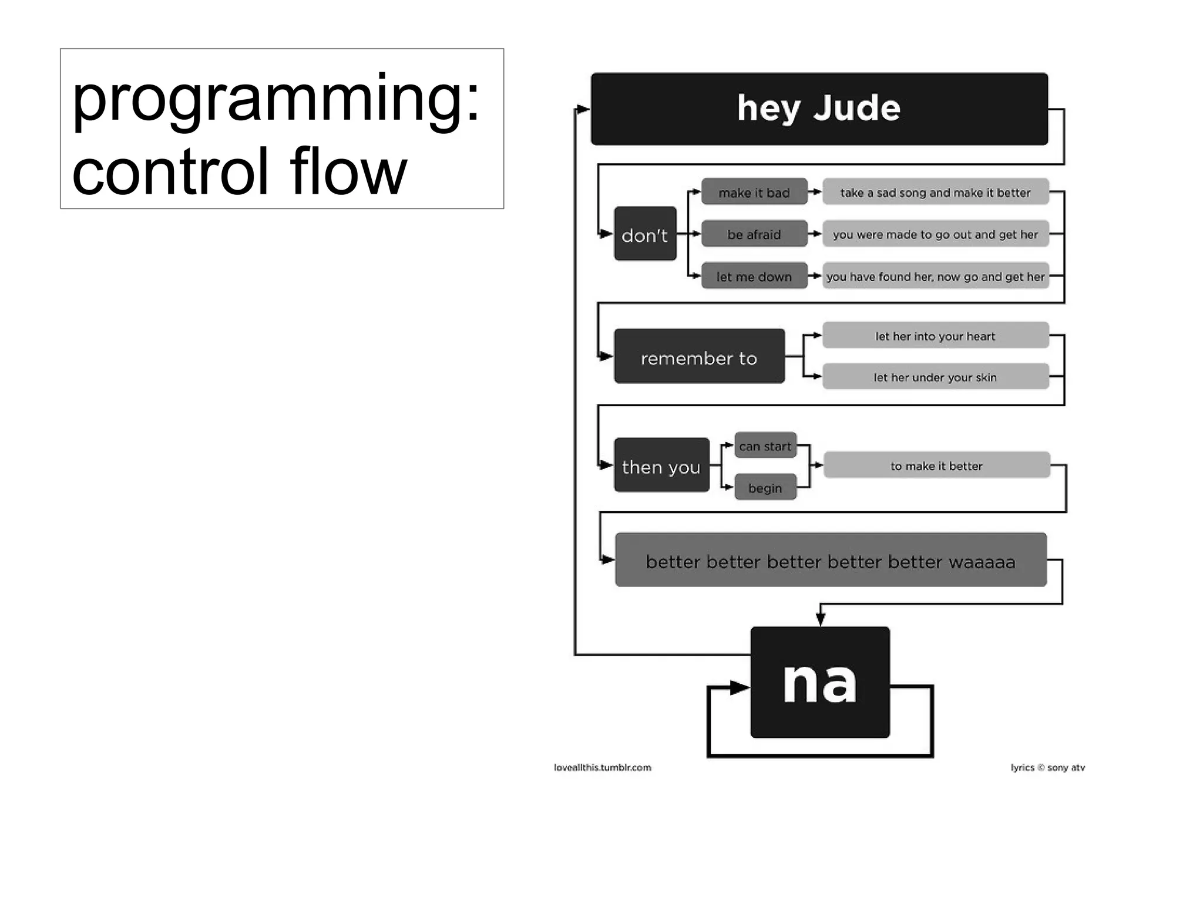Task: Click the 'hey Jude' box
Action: [819, 109]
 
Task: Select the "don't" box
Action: [645, 234]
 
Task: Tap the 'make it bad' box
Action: [754, 193]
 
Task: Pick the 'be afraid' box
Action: [754, 234]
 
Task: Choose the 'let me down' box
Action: [754, 276]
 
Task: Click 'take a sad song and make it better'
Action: [935, 193]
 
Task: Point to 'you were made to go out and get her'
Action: [935, 234]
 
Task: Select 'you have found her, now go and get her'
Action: [935, 276]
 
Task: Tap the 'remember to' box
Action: [699, 357]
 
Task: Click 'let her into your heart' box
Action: [935, 336]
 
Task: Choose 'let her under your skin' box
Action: [935, 377]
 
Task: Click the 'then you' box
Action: [661, 465]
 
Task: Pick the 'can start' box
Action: [765, 446]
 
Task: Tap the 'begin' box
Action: [765, 487]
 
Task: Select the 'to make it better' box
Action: [936, 465]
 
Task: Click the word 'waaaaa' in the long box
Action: [982, 562]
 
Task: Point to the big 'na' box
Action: [820, 682]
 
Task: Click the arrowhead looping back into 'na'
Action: [739, 687]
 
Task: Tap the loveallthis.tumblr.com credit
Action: [603, 767]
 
